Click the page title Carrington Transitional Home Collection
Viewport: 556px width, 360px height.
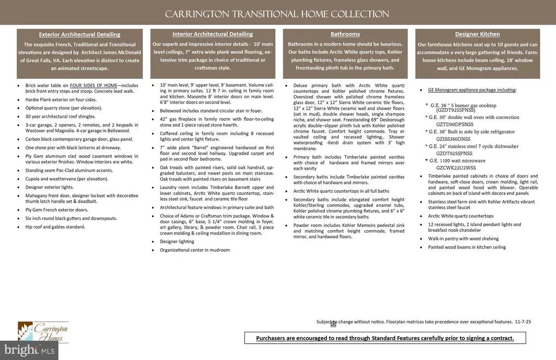coord(277,14)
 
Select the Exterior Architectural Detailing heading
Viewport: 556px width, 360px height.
coord(80,34)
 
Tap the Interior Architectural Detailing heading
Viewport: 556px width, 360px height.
coord(212,34)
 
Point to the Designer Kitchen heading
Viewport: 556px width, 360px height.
coord(477,34)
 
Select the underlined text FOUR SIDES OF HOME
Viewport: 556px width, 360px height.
coord(93,86)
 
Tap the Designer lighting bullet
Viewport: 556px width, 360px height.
coord(177,242)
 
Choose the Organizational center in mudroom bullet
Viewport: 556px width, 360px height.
coord(195,250)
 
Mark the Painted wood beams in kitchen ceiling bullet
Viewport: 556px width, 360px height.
coord(466,247)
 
